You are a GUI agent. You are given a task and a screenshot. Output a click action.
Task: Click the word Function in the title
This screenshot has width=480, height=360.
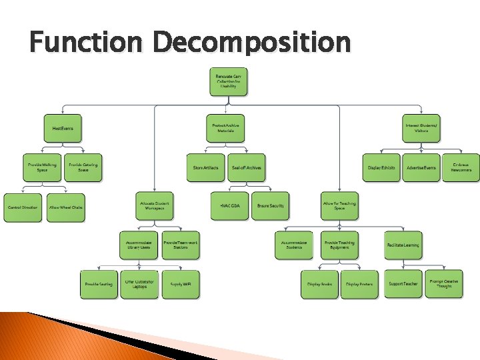[x=86, y=43]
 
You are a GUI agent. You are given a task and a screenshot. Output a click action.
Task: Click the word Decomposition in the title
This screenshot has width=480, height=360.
[x=252, y=43]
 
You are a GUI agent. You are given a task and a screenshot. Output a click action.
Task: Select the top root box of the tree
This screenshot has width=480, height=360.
[x=228, y=82]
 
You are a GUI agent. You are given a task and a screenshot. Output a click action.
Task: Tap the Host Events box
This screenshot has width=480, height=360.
[x=63, y=127]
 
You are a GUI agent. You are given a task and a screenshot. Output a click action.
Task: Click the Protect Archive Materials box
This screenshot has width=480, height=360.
[x=225, y=127]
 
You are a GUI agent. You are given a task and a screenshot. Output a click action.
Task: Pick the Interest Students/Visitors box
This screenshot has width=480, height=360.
[x=421, y=127]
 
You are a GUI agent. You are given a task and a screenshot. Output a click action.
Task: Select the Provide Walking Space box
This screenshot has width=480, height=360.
[x=42, y=167]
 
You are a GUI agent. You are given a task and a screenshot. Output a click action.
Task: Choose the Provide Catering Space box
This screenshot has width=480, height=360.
[x=83, y=167]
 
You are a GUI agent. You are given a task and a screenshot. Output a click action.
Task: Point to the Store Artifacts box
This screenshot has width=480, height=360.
[x=206, y=167]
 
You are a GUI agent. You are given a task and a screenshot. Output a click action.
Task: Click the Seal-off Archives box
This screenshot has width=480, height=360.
[x=245, y=167]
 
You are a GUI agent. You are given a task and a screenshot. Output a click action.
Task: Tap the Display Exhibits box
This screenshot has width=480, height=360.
[x=381, y=167]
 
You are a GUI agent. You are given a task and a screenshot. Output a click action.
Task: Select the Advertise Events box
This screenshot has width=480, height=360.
[x=421, y=167]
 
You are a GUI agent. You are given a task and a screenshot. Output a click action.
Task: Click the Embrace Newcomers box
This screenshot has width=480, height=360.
[x=461, y=167]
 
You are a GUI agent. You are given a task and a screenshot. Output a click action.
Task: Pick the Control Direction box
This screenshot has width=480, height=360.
[x=23, y=207]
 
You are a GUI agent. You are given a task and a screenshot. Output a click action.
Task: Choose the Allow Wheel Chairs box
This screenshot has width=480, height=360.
[x=66, y=207]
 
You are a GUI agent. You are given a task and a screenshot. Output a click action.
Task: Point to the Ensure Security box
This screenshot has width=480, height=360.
[x=270, y=206]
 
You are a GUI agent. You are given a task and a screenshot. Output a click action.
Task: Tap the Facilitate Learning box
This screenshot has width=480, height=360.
[x=403, y=245]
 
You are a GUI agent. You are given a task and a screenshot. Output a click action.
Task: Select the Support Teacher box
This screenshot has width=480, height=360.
[x=403, y=284]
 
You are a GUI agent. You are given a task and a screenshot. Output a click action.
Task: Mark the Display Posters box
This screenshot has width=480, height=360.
[x=359, y=285]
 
